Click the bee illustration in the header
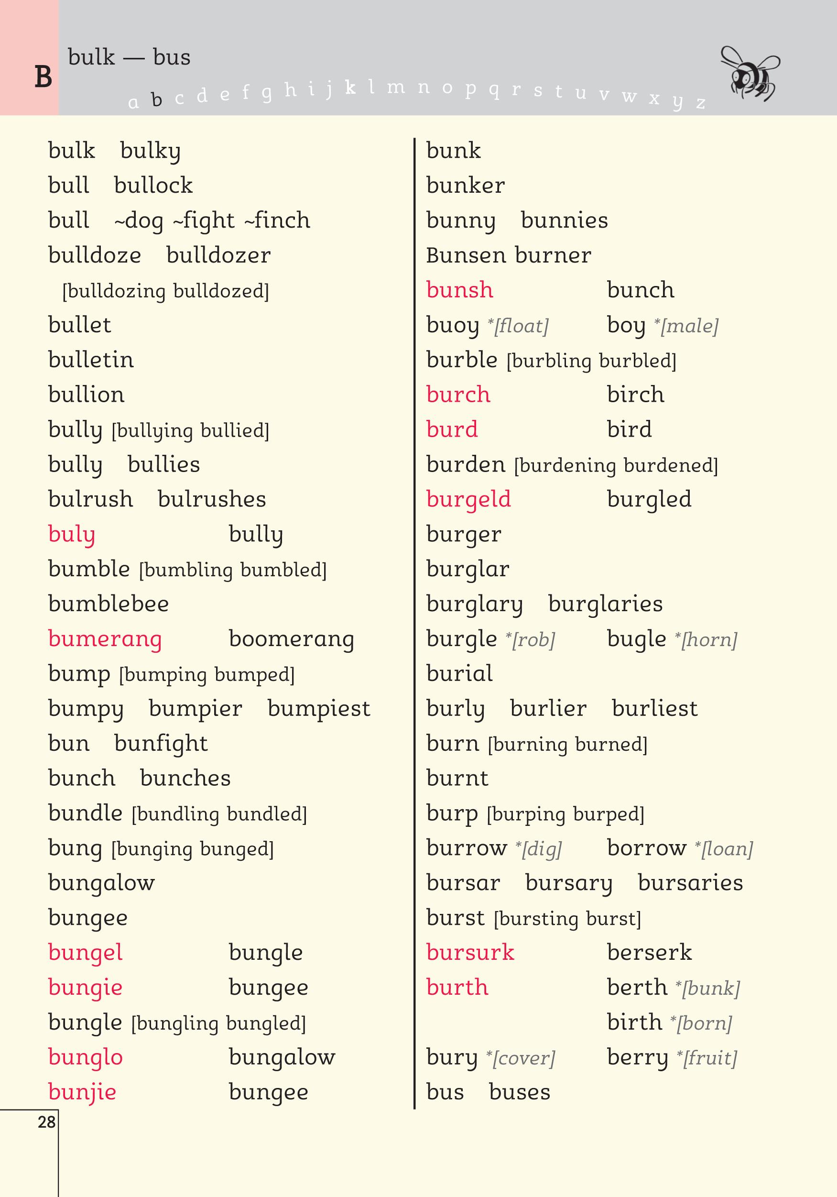(750, 74)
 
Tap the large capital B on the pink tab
(43, 77)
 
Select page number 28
(46, 1121)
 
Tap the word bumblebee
(109, 604)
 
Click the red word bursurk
(470, 953)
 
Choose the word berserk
(649, 953)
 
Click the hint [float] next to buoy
(521, 326)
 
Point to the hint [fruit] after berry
(709, 1058)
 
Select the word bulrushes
(212, 499)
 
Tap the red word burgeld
(468, 499)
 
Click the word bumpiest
(318, 709)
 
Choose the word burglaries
(605, 604)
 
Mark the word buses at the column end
(519, 1092)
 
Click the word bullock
(153, 186)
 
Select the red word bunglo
(86, 1057)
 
